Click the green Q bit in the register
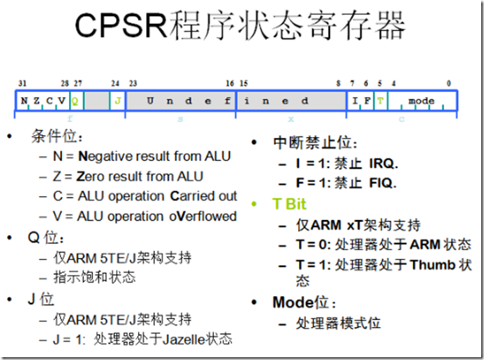pos(75,101)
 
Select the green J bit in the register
pos(117,101)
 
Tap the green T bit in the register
pos(380,101)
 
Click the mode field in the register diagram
pos(421,101)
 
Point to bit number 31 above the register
pos(22,83)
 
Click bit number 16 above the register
pos(229,83)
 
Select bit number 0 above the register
pos(450,83)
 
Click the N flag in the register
pos(24,101)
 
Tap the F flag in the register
pos(367,101)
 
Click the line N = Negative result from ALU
pos(141,156)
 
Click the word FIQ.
pos(382,184)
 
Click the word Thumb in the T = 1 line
pos(433,266)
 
